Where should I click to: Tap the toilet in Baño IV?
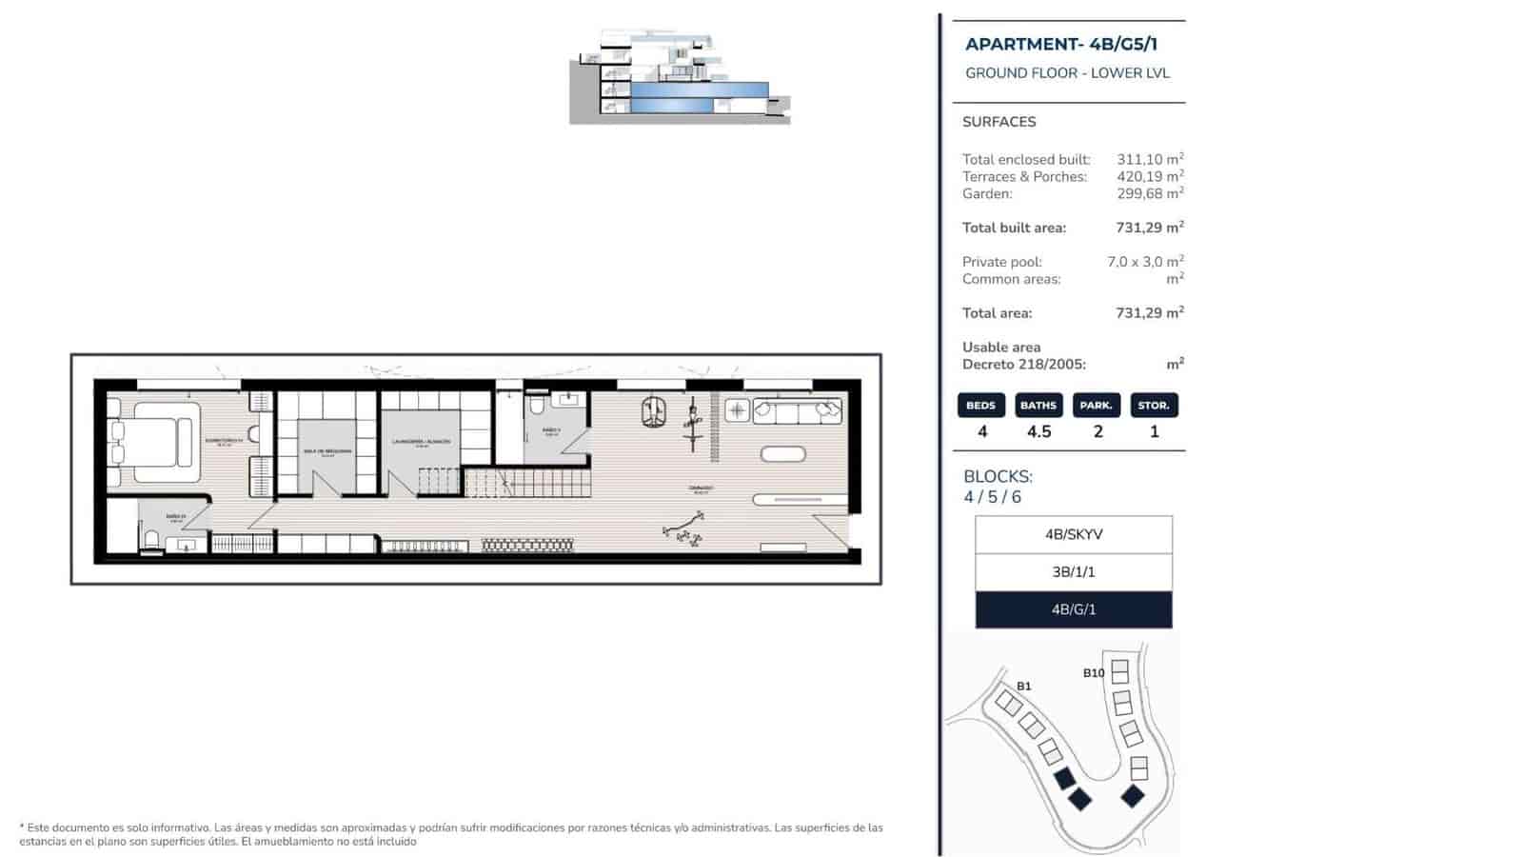[x=151, y=540]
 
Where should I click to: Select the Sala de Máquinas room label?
[x=326, y=451]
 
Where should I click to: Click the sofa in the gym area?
[x=798, y=412]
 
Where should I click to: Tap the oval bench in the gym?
[x=783, y=454]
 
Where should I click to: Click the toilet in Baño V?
[x=537, y=408]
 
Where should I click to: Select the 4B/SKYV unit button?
[x=1073, y=534]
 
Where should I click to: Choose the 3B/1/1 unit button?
[x=1073, y=572]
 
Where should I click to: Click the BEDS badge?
[x=980, y=405]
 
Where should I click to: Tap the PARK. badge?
[x=1096, y=405]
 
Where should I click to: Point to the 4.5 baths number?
[x=1038, y=431]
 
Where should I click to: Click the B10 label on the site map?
[x=1094, y=673]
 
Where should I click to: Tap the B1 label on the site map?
[x=1023, y=686]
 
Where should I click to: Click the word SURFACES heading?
[x=999, y=122]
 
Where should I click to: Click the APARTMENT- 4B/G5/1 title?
[x=1060, y=44]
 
